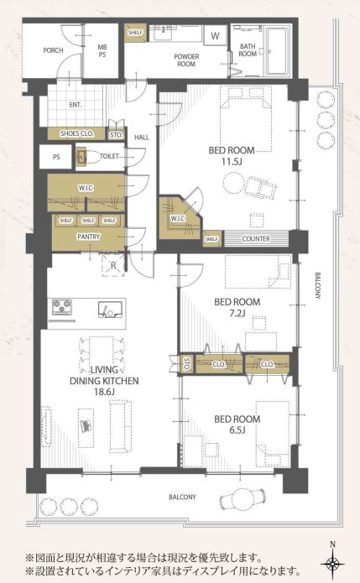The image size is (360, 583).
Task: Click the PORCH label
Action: (53, 50)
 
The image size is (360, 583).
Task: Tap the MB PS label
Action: (102, 51)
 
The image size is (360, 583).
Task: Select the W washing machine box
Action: (216, 36)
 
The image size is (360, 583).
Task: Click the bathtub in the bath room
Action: (276, 50)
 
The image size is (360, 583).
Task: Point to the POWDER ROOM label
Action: (186, 60)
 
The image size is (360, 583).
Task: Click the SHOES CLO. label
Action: (77, 133)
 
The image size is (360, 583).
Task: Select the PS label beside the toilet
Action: (56, 157)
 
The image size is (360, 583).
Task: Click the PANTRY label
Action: (88, 237)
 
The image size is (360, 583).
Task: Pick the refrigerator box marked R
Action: (113, 265)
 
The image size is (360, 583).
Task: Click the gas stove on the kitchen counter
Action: (62, 307)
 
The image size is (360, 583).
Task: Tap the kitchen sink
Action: (110, 310)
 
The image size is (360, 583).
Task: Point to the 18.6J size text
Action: (104, 392)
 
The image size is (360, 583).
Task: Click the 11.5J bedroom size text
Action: (232, 162)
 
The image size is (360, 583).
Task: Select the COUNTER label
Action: (256, 239)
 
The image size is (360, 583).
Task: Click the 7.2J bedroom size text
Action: (237, 313)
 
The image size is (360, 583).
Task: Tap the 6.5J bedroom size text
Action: (237, 430)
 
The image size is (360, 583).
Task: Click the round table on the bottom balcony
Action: (243, 499)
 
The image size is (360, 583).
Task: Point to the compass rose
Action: (332, 563)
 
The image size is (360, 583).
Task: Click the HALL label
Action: (142, 138)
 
